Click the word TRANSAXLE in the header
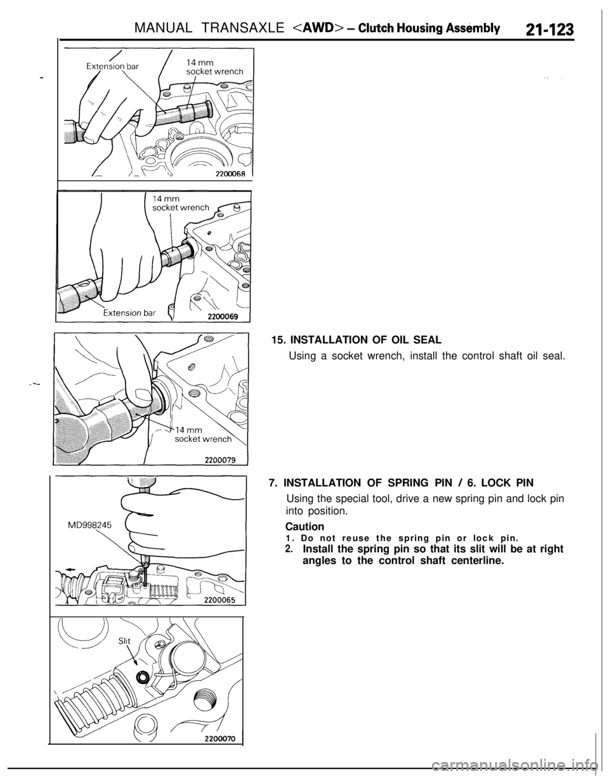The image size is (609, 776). click(x=239, y=27)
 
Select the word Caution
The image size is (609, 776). click(x=304, y=526)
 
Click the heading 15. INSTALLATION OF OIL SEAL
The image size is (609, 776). click(x=356, y=340)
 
